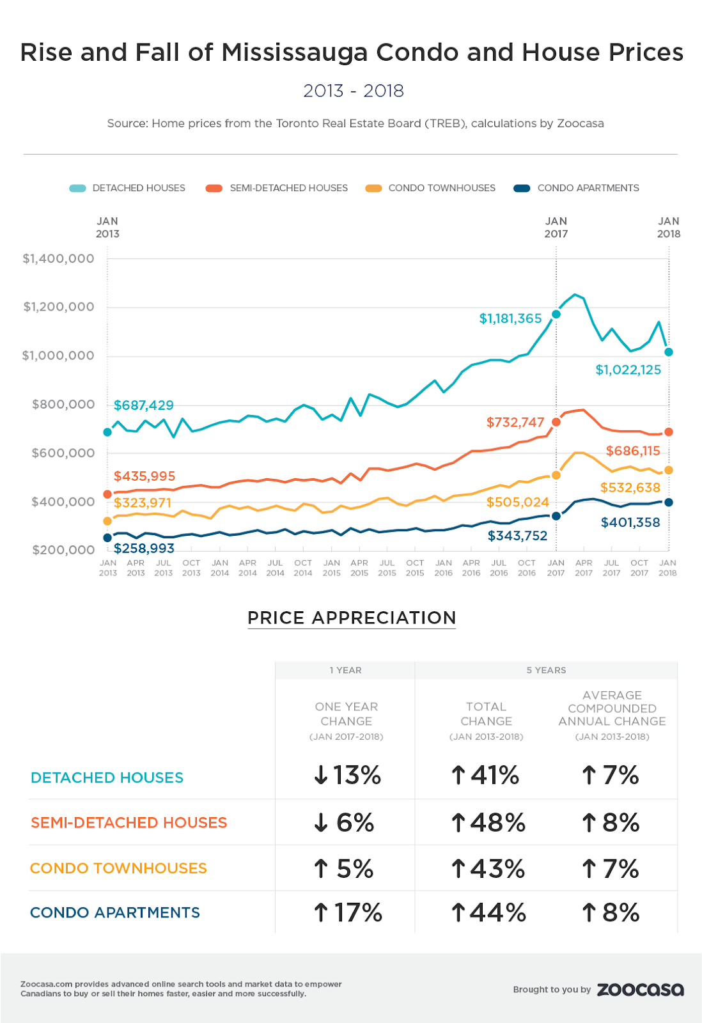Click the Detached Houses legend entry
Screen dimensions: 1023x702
pyautogui.click(x=128, y=188)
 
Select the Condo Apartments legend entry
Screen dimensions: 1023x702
pyautogui.click(x=577, y=188)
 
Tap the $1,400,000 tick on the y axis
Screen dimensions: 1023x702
pyautogui.click(x=58, y=259)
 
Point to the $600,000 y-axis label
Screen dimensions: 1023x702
pyautogui.click(x=63, y=453)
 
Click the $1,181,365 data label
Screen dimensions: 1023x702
pyautogui.click(x=510, y=318)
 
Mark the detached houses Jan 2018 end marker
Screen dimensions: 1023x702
pyautogui.click(x=669, y=352)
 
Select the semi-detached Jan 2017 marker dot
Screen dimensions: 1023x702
pyautogui.click(x=556, y=422)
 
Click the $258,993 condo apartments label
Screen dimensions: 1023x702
pyautogui.click(x=144, y=549)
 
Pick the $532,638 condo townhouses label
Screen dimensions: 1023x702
pyautogui.click(x=630, y=488)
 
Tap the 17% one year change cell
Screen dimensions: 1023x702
pyautogui.click(x=348, y=913)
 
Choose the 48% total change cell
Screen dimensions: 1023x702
pyautogui.click(x=488, y=823)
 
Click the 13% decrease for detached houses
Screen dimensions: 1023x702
pyautogui.click(x=348, y=776)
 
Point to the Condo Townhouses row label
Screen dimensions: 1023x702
pyautogui.click(x=118, y=868)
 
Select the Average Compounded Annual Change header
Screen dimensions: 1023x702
pyautogui.click(x=612, y=708)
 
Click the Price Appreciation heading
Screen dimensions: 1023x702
pyautogui.click(x=352, y=618)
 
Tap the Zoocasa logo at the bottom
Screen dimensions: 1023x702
pyautogui.click(x=640, y=990)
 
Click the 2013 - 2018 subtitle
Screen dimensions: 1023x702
pyautogui.click(x=354, y=91)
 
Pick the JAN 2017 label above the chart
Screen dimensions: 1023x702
pyautogui.click(x=556, y=228)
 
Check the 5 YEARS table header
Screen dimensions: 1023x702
pyautogui.click(x=546, y=670)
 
